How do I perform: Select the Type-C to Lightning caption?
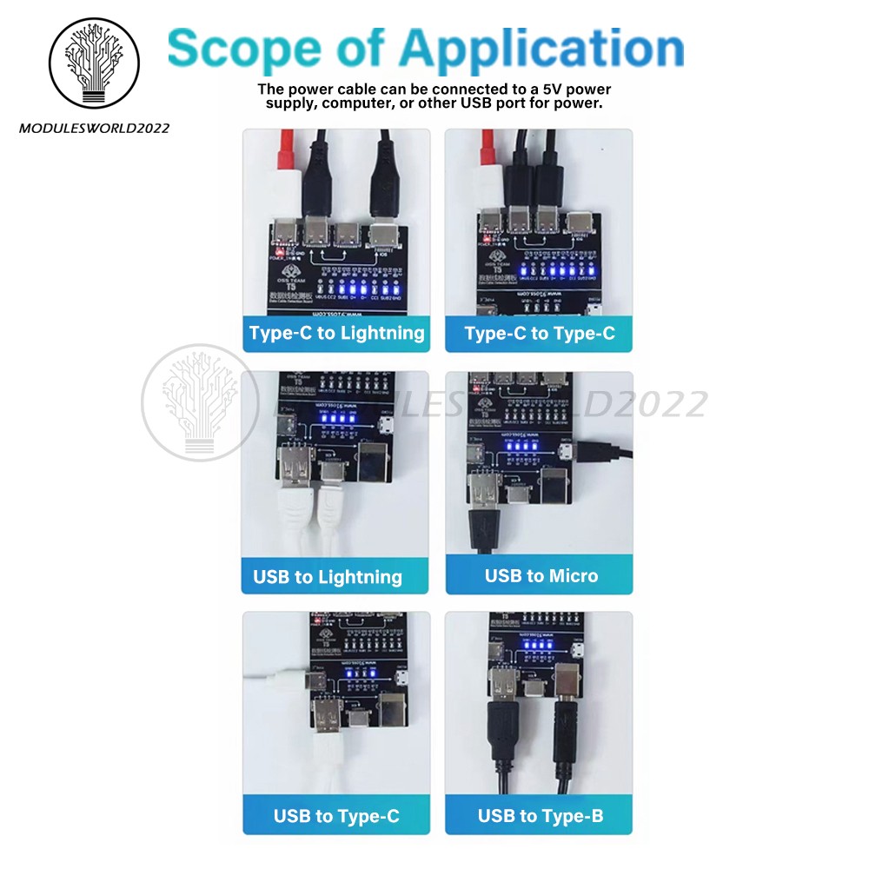click(336, 333)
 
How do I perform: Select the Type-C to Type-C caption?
click(540, 334)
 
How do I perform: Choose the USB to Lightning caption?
click(327, 577)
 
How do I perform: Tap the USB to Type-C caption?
click(336, 816)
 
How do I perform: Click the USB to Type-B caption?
click(540, 816)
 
